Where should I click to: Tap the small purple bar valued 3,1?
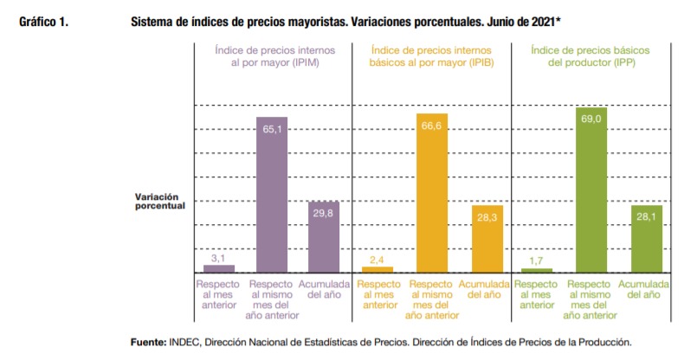218,268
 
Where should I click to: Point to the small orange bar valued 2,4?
378,269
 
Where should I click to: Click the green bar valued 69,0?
593,190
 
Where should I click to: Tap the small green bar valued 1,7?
538,270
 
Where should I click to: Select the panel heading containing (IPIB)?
431,58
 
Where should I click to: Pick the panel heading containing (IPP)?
593,58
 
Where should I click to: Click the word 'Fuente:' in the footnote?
149,342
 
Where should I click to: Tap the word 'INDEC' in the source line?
189,342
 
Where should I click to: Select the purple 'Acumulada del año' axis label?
324,289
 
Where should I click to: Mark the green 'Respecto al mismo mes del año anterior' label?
593,299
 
